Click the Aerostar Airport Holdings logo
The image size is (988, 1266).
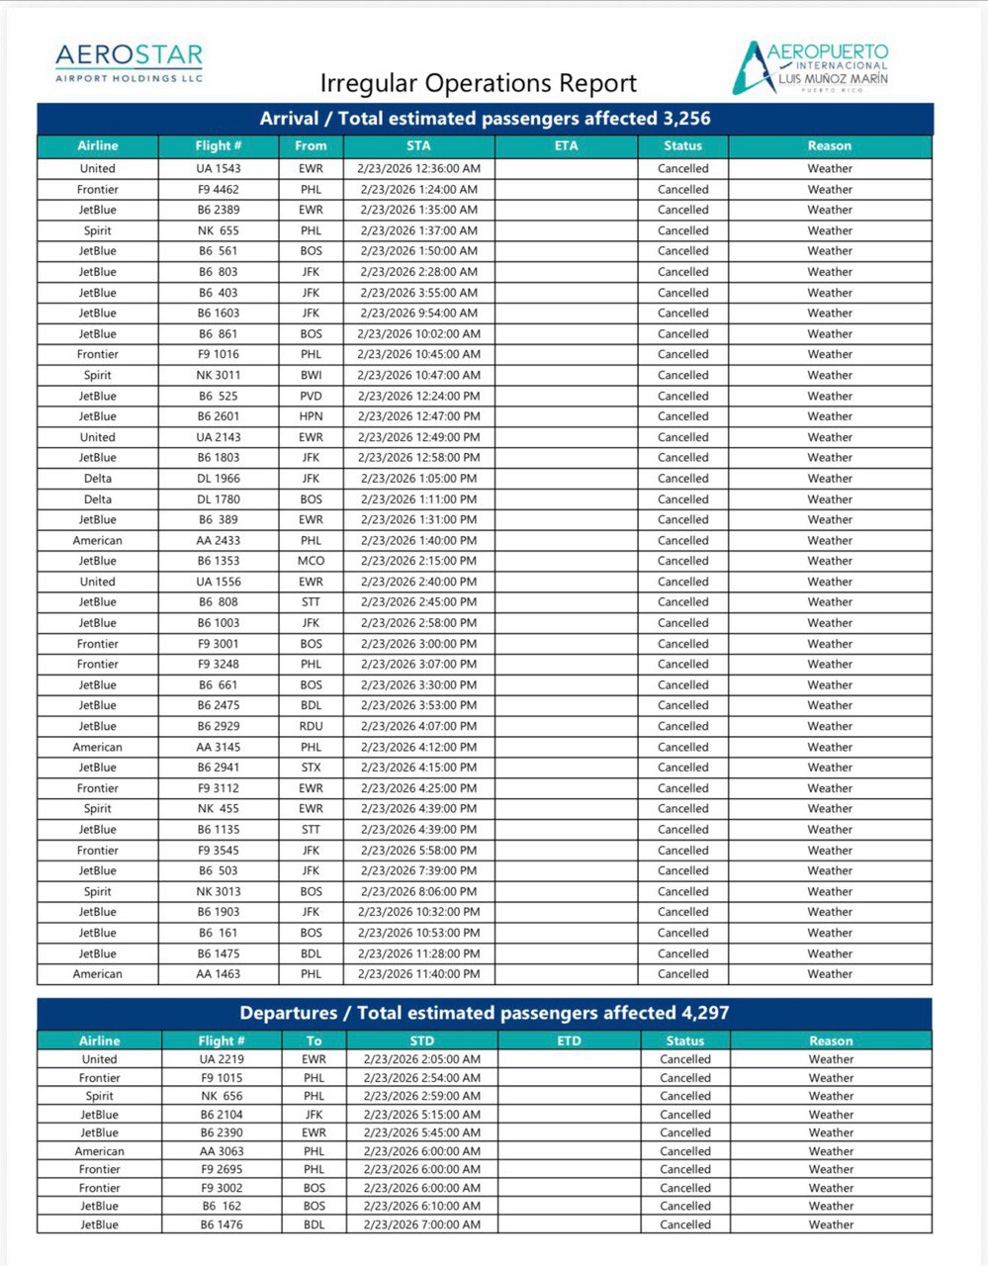129,62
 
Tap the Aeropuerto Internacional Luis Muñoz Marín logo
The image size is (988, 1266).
811,66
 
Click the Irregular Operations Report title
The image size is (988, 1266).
479,83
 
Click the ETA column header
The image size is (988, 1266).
566,145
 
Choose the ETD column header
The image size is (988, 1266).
569,1040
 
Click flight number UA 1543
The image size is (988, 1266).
218,168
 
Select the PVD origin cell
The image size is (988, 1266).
311,396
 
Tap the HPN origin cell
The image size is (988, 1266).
311,416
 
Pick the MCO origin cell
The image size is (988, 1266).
311,561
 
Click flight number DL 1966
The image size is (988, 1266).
218,479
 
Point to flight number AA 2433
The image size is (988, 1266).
218,541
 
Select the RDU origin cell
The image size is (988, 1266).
311,726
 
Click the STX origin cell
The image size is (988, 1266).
311,768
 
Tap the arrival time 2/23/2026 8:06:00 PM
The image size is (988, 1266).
418,891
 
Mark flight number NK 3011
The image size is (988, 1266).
218,375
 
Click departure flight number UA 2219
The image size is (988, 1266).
222,1059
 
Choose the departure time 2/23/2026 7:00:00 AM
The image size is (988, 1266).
421,1224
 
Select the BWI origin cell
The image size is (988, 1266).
311,375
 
